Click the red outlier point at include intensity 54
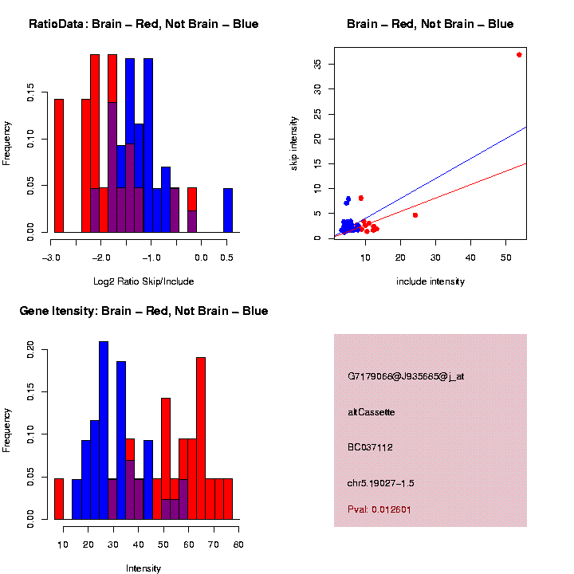click(519, 55)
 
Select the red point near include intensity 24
click(415, 215)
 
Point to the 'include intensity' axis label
click(431, 281)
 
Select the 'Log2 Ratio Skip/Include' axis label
click(143, 281)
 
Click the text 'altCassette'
click(372, 412)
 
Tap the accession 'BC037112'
click(371, 447)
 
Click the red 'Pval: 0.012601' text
click(379, 509)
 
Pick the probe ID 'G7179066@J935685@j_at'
click(406, 376)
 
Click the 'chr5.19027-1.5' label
click(381, 483)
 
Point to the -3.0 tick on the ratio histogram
click(52, 257)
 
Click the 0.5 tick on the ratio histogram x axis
click(227, 257)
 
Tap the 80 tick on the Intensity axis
click(238, 544)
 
